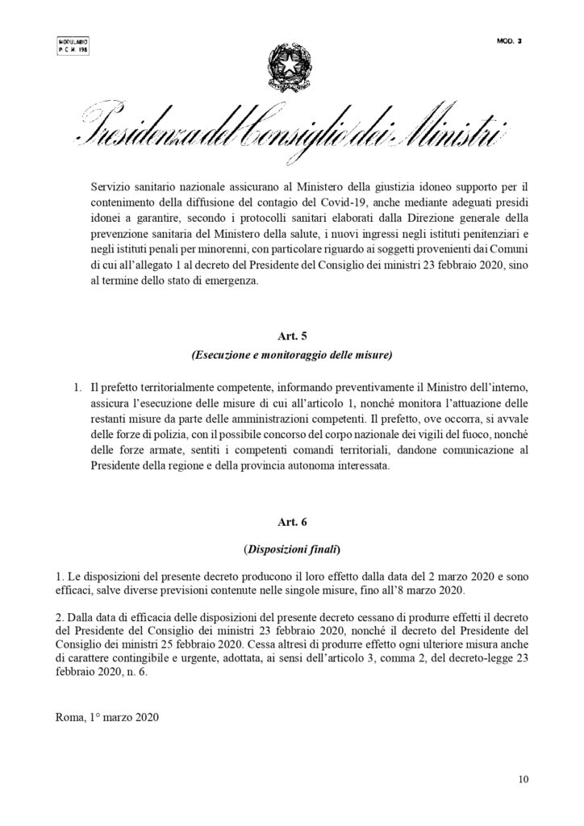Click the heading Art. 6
[x=291, y=524]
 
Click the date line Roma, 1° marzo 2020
[x=107, y=715]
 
